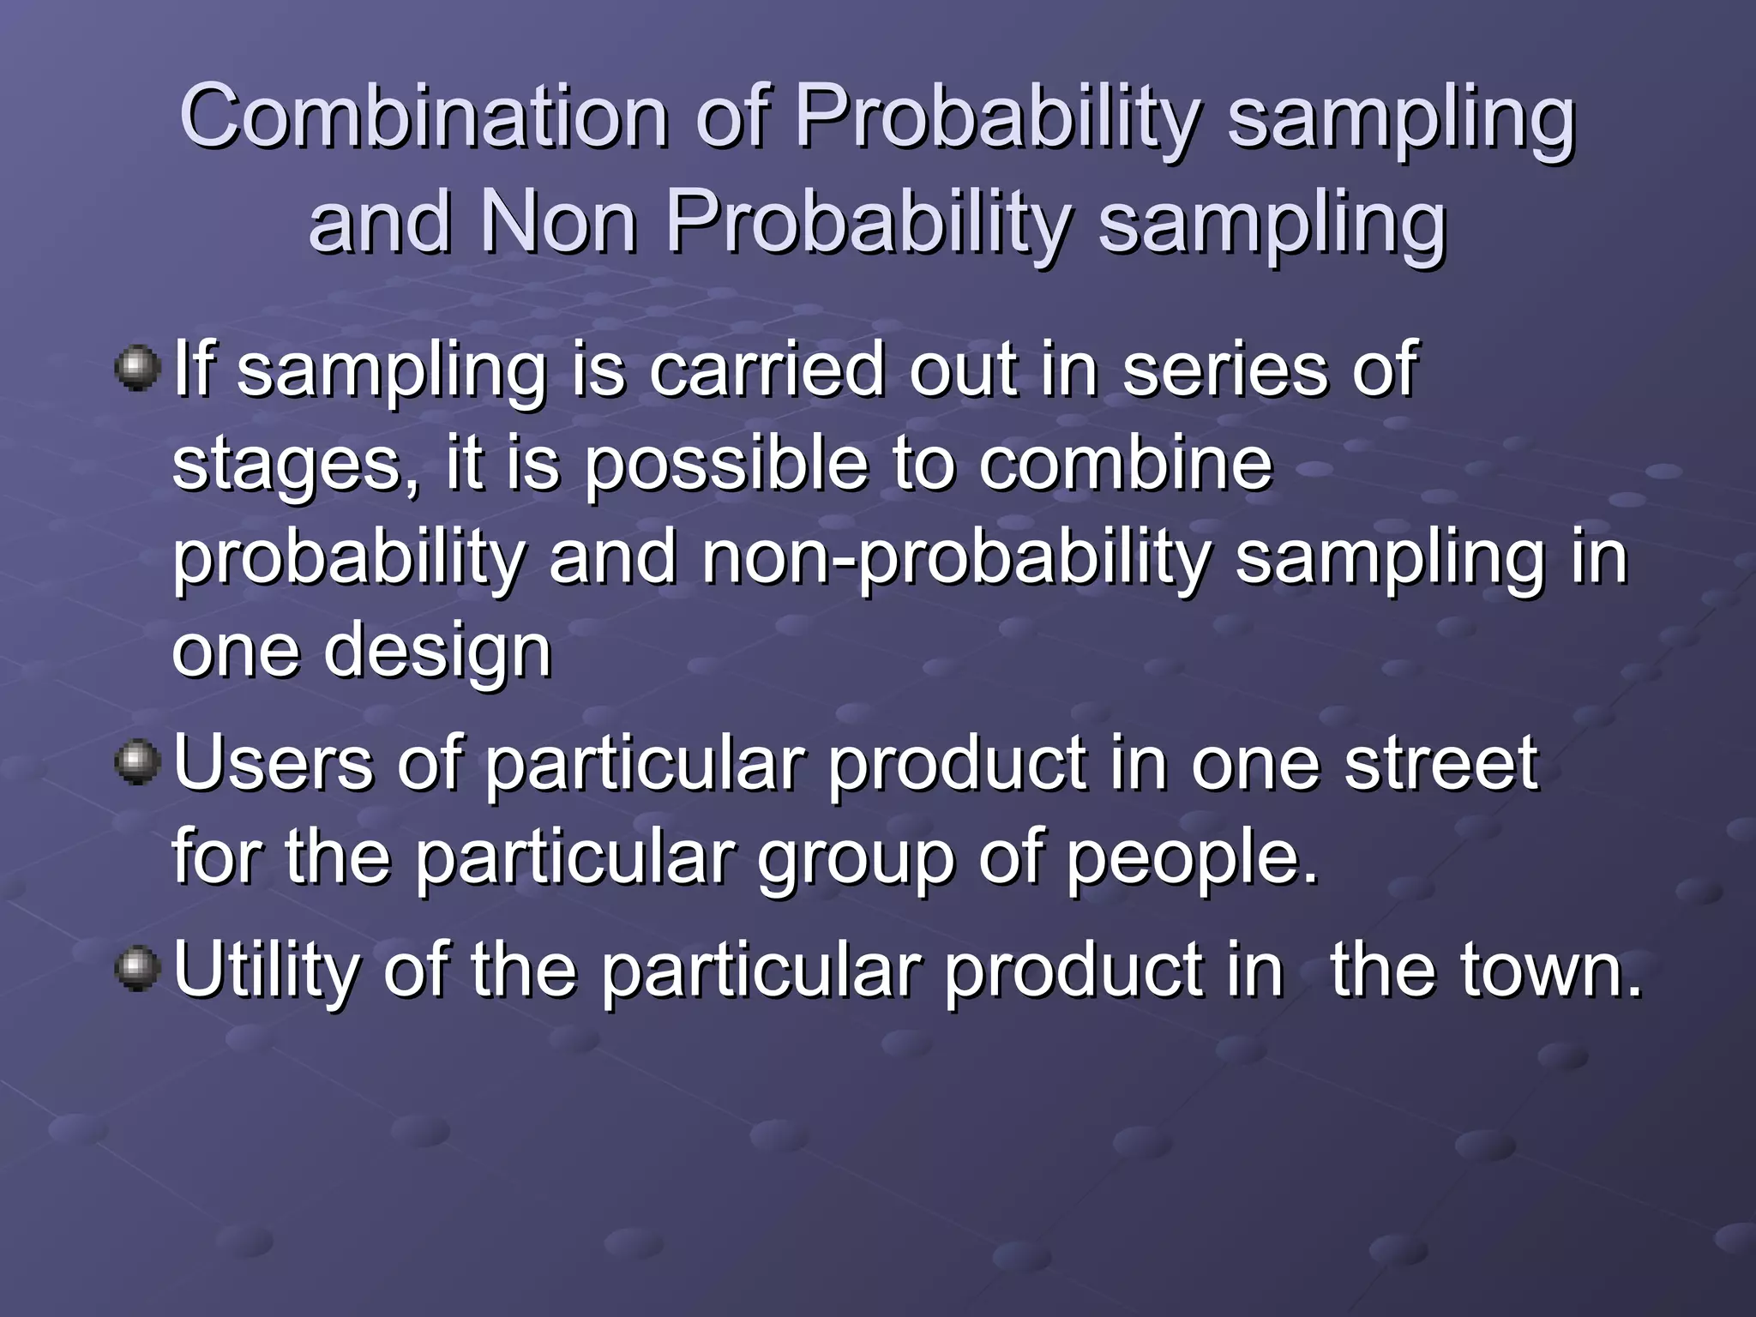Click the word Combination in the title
click(x=424, y=117)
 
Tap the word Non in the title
click(x=558, y=221)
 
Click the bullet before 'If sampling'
click(x=137, y=369)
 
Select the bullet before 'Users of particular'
click(x=137, y=762)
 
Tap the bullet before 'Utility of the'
click(x=137, y=969)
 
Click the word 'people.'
click(x=1193, y=859)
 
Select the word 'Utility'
click(x=266, y=971)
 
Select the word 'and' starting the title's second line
click(x=380, y=221)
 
